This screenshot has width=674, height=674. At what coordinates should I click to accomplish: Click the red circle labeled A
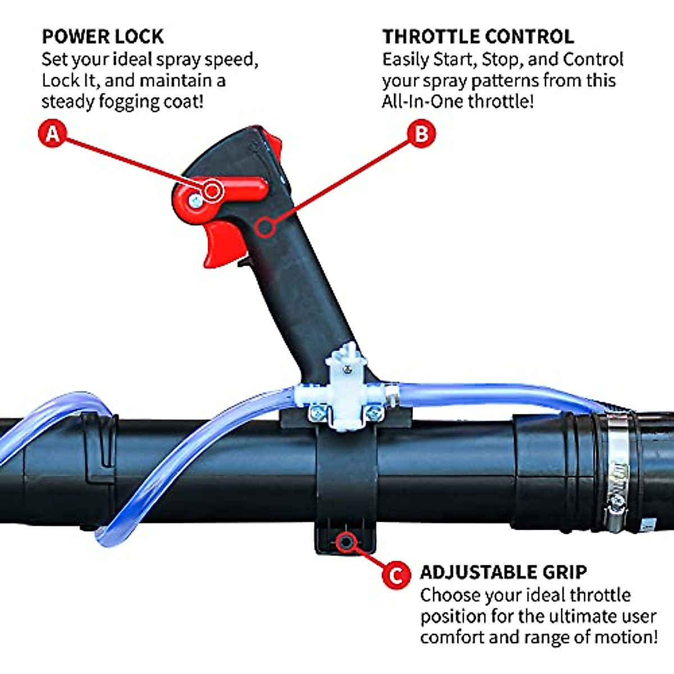tap(53, 134)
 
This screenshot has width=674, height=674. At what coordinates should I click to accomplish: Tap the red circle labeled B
tap(421, 134)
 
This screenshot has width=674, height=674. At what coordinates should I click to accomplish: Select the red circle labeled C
tap(396, 575)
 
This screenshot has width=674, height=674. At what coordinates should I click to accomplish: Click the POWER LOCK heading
tap(103, 37)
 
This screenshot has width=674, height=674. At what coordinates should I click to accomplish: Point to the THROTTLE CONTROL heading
tap(478, 37)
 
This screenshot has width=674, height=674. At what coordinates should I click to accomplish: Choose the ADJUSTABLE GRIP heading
tap(503, 572)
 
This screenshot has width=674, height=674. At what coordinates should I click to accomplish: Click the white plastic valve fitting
tap(344, 388)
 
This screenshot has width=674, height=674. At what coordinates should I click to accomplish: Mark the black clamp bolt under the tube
tap(345, 541)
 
